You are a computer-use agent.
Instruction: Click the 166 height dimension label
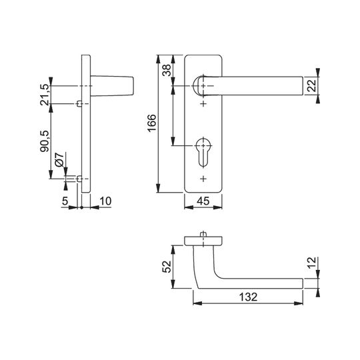pos(152,123)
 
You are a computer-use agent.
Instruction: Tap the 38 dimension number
pos(167,70)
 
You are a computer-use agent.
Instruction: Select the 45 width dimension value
pos(203,201)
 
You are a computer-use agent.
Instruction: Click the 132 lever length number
pos(248,297)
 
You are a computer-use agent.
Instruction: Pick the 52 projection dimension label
pos(167,267)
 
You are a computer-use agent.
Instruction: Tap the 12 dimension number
pos(312,263)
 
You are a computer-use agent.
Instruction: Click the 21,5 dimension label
pos(45,95)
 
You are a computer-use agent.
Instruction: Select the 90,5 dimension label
pos(45,141)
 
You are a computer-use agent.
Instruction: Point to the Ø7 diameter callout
pos(59,159)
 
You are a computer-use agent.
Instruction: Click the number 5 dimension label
pos(65,201)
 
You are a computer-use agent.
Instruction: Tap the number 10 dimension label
pos(105,201)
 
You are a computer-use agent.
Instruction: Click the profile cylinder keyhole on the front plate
pos(203,152)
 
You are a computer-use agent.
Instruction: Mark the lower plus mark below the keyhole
pos(203,179)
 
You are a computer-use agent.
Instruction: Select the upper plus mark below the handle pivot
pos(203,104)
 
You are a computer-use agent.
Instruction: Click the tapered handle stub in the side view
pos(112,85)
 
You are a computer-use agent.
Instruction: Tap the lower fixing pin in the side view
pos(79,179)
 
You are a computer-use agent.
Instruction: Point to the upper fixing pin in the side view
pos(79,104)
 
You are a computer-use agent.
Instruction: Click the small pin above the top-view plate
pos(203,234)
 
